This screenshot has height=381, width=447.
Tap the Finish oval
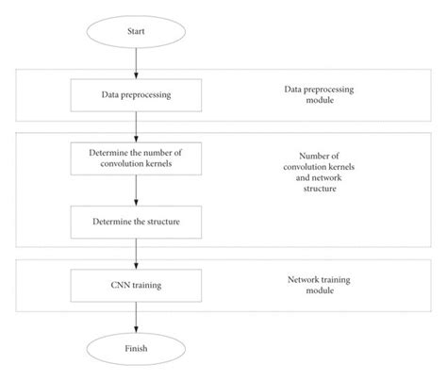click(136, 349)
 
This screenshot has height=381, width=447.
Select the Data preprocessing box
click(136, 94)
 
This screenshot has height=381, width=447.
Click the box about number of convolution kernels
click(136, 157)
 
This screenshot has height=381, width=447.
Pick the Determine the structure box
click(136, 223)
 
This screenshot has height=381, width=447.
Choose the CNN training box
click(136, 286)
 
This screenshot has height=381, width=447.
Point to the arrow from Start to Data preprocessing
click(136, 62)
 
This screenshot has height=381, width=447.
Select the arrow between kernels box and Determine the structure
click(136, 190)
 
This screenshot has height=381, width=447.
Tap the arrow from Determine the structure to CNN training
click(136, 254)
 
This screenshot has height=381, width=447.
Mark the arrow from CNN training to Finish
click(136, 317)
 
